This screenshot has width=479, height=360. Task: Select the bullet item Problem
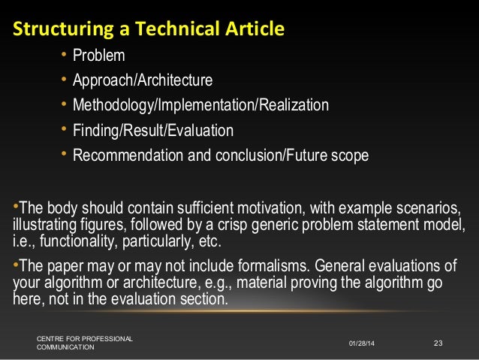pyautogui.click(x=98, y=56)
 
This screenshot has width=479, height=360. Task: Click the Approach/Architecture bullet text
pyautogui.click(x=142, y=80)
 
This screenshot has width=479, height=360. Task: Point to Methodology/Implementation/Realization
pyautogui.click(x=200, y=105)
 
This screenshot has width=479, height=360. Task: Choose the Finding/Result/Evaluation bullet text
pyautogui.click(x=152, y=131)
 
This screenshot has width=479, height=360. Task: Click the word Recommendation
pyautogui.click(x=125, y=156)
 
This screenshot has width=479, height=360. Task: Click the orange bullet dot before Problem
pyautogui.click(x=65, y=56)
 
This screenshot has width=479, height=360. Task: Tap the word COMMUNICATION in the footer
pyautogui.click(x=66, y=348)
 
